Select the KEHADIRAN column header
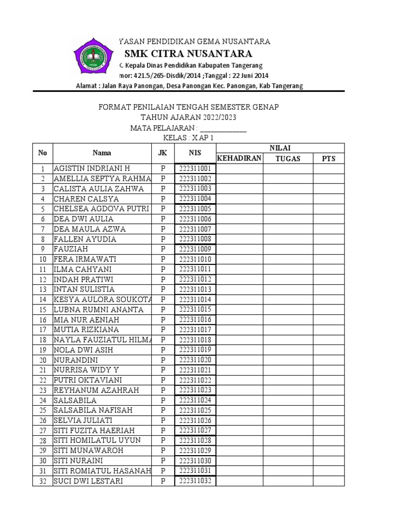tap(238, 158)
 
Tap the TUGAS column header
tap(288, 158)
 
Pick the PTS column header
tap(329, 158)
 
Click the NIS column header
tap(195, 153)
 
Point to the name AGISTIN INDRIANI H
tap(91, 169)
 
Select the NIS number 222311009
tap(195, 249)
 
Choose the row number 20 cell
tap(43, 360)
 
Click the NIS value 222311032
tap(195, 481)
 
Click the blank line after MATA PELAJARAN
tap(223, 128)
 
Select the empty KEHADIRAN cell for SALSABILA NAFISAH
tap(238, 410)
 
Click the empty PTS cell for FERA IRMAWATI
tap(329, 259)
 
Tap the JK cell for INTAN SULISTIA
tap(163, 289)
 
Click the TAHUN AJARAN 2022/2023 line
tap(189, 117)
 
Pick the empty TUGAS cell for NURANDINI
tap(288, 360)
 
